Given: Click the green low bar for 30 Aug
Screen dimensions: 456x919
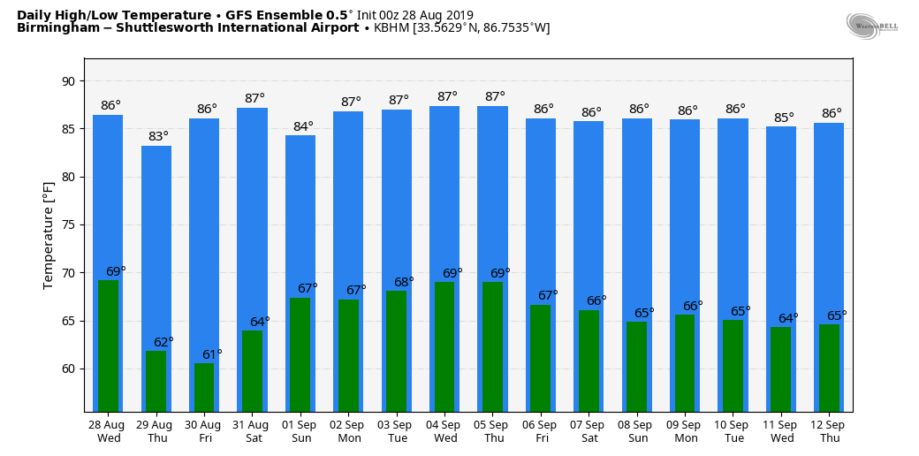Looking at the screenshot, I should [x=204, y=387].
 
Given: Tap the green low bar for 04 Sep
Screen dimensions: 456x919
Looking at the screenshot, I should [x=444, y=346].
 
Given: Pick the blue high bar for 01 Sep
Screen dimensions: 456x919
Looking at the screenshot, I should [x=300, y=212].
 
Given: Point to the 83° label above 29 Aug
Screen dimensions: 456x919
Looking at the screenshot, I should [x=158, y=136].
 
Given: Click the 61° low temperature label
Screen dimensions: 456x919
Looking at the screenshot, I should [x=212, y=354].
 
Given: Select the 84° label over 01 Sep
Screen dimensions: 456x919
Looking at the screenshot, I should [x=303, y=126].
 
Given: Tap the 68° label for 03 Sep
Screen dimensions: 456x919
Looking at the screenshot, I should [x=404, y=282].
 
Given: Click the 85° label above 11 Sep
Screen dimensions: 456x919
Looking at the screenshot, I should [x=784, y=118].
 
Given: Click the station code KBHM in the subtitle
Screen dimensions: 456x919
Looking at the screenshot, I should [x=392, y=28].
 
